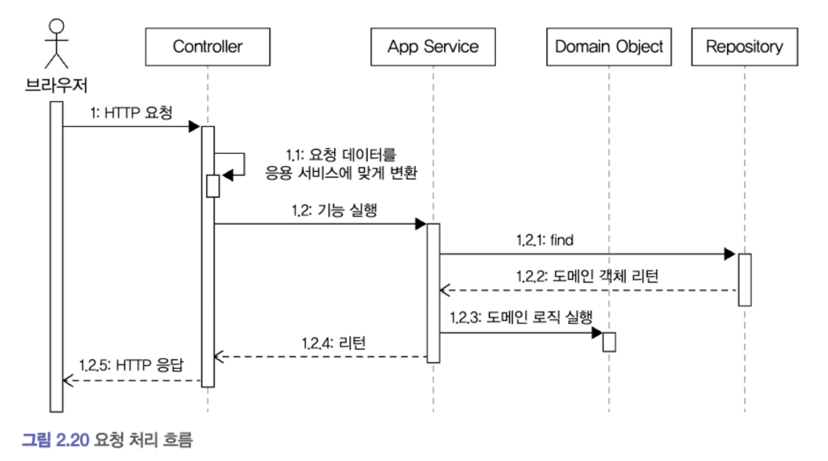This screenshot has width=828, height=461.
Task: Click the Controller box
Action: pyautogui.click(x=207, y=47)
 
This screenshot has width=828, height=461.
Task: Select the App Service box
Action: pyautogui.click(x=433, y=47)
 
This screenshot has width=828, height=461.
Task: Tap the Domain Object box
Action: pyautogui.click(x=609, y=47)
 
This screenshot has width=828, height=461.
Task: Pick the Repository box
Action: pyautogui.click(x=744, y=47)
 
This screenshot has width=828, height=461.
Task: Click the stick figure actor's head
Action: pyautogui.click(x=56, y=26)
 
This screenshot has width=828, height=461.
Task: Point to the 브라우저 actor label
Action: pyautogui.click(x=56, y=85)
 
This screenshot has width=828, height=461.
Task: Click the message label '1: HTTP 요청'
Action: pyautogui.click(x=131, y=113)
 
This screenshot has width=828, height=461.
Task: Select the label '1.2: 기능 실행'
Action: pyautogui.click(x=335, y=210)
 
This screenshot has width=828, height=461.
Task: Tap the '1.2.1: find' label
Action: pyautogui.click(x=545, y=240)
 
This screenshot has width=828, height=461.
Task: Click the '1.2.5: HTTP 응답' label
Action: pyautogui.click(x=131, y=365)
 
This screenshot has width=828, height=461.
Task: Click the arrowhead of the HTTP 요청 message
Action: pyautogui.click(x=194, y=126)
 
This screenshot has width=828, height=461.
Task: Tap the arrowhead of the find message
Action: pyautogui.click(x=729, y=254)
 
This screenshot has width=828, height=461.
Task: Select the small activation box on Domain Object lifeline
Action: pyautogui.click(x=609, y=342)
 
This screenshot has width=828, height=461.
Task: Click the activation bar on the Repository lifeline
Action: pyautogui.click(x=744, y=280)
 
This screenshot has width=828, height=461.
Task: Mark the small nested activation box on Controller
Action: pyautogui.click(x=213, y=186)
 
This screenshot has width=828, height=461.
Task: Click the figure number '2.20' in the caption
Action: pyautogui.click(x=72, y=440)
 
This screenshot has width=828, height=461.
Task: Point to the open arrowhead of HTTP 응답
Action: pyautogui.click(x=67, y=380)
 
